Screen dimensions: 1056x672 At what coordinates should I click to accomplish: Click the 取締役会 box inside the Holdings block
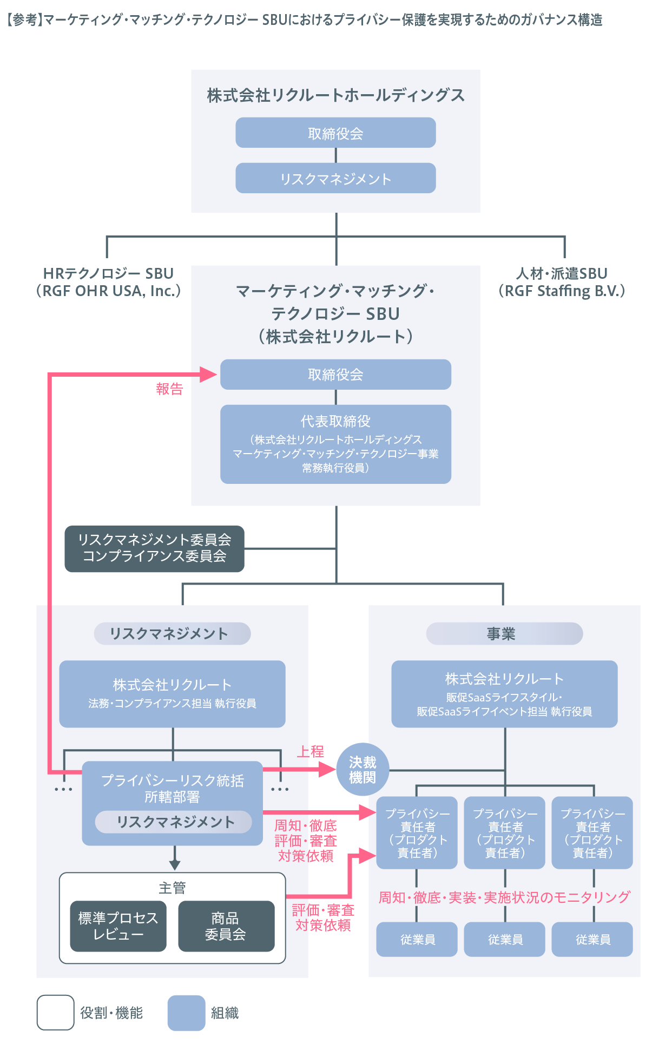point(335,133)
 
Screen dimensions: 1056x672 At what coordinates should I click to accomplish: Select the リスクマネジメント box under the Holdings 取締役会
point(335,179)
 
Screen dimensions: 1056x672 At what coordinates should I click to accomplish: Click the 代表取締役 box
point(335,444)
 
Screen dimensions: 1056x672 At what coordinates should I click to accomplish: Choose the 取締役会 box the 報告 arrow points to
point(335,375)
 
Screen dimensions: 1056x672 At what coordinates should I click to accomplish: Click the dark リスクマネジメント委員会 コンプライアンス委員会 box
point(154,548)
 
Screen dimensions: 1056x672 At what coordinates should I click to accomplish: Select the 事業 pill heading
point(504,634)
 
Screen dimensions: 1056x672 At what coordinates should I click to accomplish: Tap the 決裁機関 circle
point(363,770)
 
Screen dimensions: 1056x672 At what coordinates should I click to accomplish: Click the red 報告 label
point(169,389)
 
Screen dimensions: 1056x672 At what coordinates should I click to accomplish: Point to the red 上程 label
point(310,751)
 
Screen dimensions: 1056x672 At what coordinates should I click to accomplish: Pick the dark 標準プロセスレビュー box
point(118,926)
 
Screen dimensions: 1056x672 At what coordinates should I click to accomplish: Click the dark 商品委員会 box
point(226,926)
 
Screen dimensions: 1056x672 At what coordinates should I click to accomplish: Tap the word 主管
point(172,888)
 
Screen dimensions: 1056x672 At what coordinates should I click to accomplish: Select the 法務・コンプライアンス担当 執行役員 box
point(172,693)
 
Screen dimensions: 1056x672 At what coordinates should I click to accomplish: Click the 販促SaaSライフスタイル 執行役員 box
point(504,693)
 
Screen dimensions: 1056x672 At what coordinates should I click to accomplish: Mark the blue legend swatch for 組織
point(186,1013)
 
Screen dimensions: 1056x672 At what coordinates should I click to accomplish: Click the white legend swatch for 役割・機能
point(55,1013)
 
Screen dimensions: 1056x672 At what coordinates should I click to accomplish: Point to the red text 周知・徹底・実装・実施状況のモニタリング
point(504,897)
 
